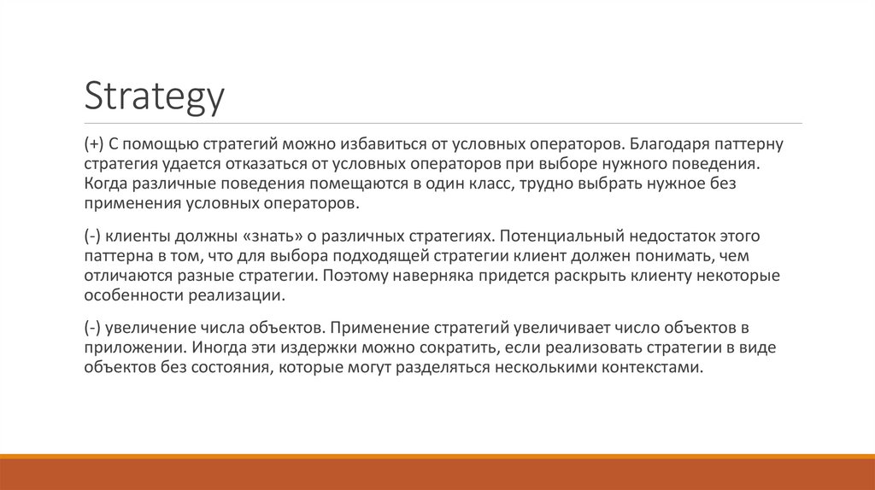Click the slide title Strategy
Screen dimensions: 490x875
click(x=154, y=96)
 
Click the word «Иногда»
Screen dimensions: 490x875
click(x=217, y=347)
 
